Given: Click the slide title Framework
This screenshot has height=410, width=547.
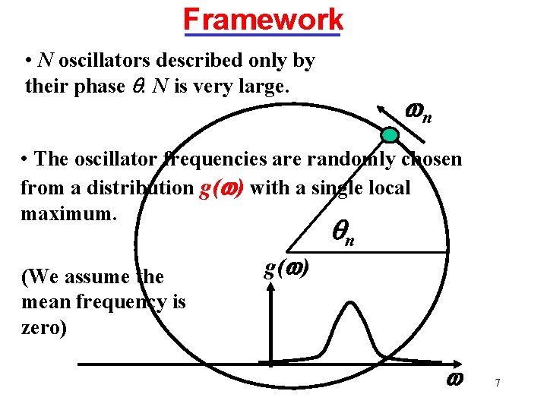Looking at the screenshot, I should point(263,17).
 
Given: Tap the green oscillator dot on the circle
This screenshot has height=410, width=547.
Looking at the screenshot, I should point(390,135).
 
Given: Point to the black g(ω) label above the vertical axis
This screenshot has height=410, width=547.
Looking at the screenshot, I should point(286,269).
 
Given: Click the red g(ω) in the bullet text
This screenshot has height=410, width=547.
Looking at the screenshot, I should point(220,188).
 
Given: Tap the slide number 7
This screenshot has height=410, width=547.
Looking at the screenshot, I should point(497,382).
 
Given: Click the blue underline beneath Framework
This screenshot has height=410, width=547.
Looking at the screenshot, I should point(263,33).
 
